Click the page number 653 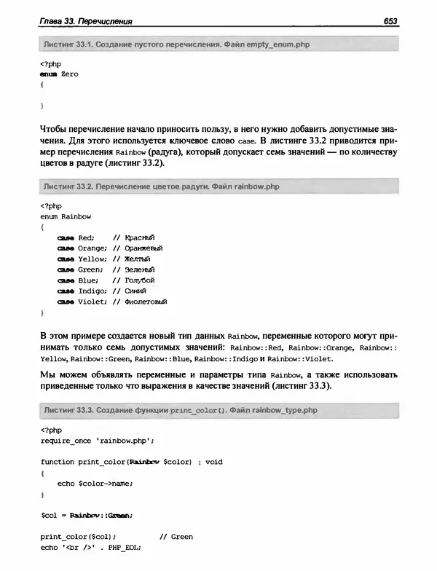pos(389,21)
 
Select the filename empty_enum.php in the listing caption pos(278,45)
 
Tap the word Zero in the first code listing pos(70,74)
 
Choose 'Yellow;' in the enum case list pos(92,259)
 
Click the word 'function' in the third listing pos(58,462)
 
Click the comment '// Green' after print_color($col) pos(176,537)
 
